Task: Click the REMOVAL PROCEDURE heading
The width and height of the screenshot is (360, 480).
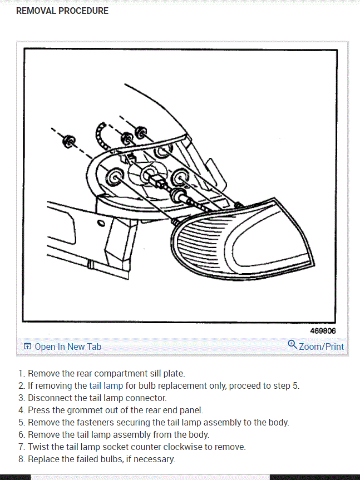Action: click(x=62, y=11)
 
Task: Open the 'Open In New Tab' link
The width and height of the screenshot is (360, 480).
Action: click(x=67, y=347)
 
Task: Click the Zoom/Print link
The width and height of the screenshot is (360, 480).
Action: click(x=321, y=347)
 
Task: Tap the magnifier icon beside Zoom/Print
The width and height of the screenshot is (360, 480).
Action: click(x=292, y=345)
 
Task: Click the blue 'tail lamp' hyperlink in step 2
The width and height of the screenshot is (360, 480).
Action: click(x=106, y=385)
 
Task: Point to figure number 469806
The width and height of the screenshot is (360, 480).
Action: click(x=323, y=331)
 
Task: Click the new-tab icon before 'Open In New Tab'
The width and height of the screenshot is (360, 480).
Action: click(x=27, y=347)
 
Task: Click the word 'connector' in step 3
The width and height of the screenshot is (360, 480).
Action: click(x=147, y=398)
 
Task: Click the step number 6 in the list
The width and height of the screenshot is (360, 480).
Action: click(x=21, y=434)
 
